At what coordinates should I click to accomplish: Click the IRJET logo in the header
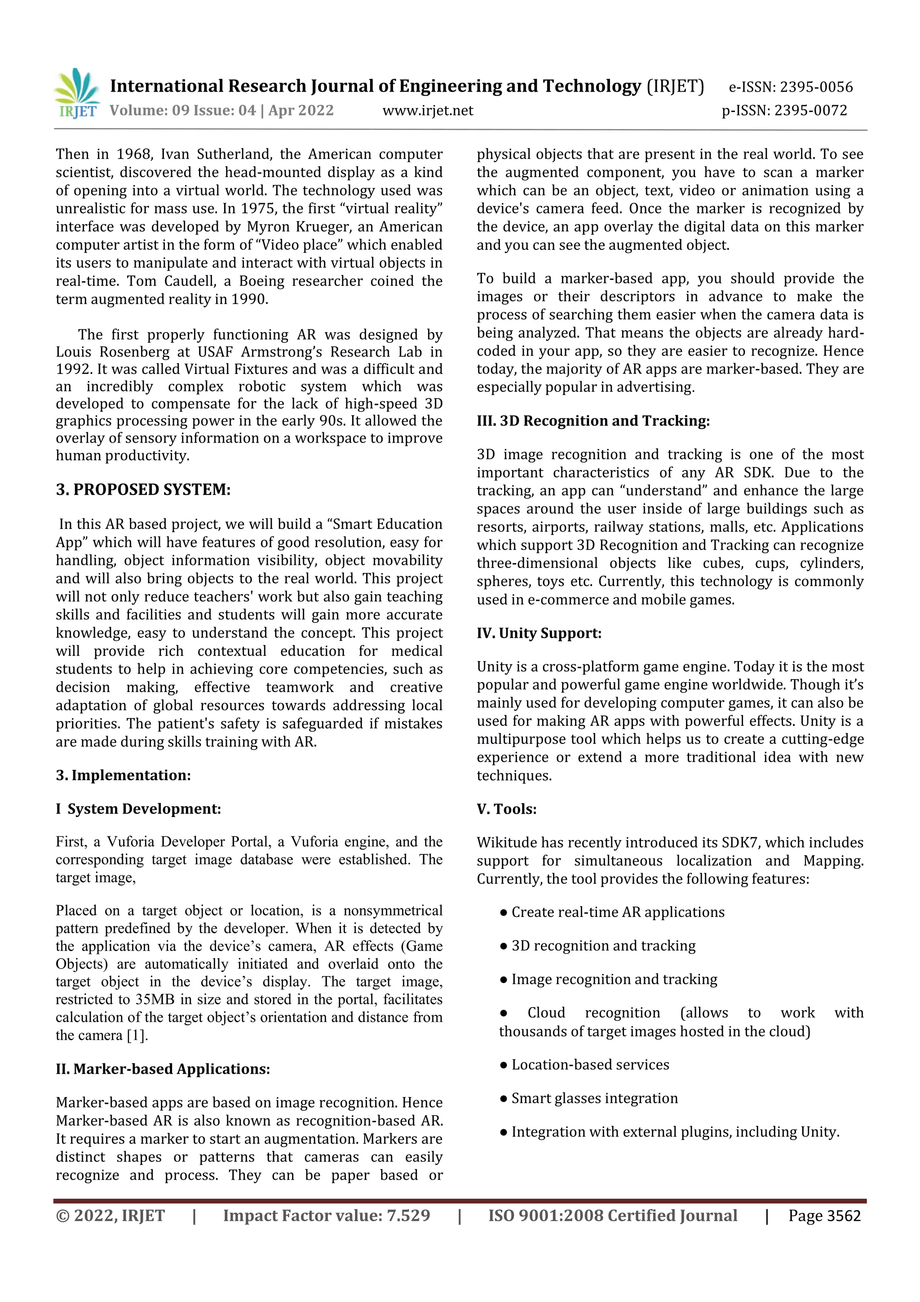coord(78,93)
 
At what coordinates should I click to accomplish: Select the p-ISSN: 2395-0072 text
coord(784,111)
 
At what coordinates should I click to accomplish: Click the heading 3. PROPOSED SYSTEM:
coord(143,489)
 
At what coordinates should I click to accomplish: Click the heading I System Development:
coord(138,809)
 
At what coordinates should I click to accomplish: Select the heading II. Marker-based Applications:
coord(163,1069)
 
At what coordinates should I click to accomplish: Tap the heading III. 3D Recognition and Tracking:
coord(593,421)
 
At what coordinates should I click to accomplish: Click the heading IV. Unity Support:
coord(539,633)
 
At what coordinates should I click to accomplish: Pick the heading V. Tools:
coord(506,809)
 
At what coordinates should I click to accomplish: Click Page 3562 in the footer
coord(824,1216)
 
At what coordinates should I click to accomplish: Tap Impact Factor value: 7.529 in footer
coord(326,1216)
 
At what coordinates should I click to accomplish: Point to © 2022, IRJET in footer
coord(110,1216)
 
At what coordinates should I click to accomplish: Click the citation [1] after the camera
coord(137,1035)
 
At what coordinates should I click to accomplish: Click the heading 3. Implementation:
coord(123,775)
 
